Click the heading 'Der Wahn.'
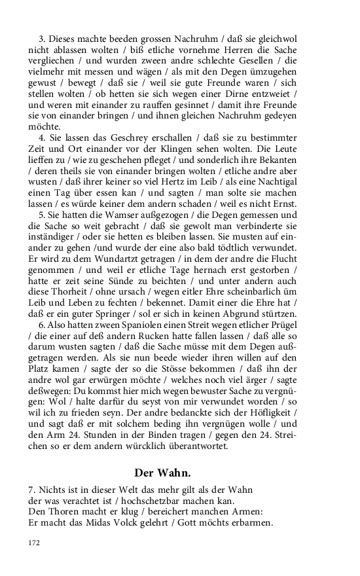pos(162,472)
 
